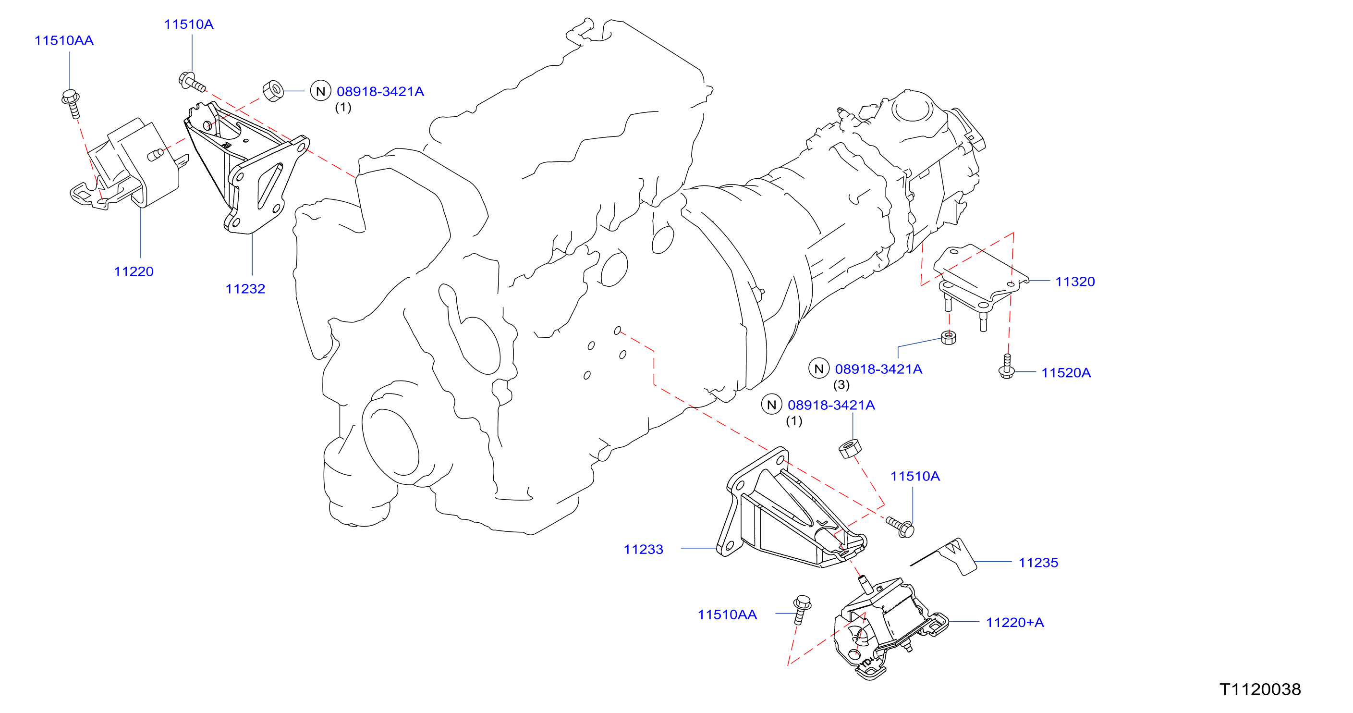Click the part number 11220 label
[x=134, y=271]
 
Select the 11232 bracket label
[x=245, y=288]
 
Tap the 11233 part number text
[x=643, y=549]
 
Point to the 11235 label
[x=1038, y=562]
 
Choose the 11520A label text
[x=1066, y=372]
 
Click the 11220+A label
[x=1014, y=622]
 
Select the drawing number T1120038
[x=1259, y=689]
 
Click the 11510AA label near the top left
[x=63, y=40]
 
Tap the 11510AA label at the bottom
[x=727, y=614]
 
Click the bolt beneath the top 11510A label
[x=192, y=82]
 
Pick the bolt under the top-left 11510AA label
[x=72, y=103]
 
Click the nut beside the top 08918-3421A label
[x=273, y=90]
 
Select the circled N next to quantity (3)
[x=818, y=369]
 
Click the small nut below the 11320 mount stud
[x=948, y=337]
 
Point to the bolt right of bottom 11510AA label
[x=802, y=609]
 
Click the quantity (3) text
[x=841, y=385]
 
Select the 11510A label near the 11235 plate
[x=914, y=476]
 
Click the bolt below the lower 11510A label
[x=900, y=527]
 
